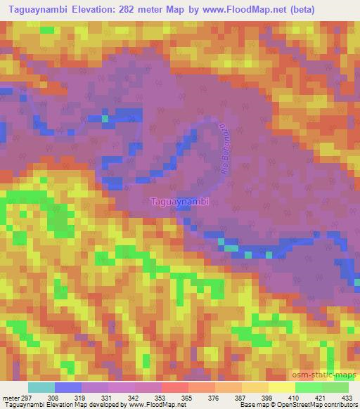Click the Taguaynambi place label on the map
(x=180, y=201)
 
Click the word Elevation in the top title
(x=93, y=10)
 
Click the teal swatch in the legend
(x=41, y=387)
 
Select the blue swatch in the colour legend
(x=67, y=387)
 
